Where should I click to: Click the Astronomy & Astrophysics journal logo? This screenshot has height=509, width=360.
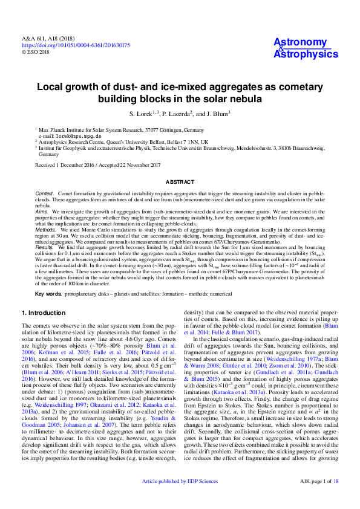coord(306,48)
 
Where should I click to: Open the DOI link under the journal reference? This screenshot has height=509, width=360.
coord(76,45)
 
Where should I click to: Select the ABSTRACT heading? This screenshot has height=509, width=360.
coord(180,182)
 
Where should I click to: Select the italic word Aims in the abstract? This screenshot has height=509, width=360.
coord(41,212)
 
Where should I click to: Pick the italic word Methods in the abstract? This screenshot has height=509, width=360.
coord(45,230)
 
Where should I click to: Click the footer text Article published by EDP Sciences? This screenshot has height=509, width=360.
coord(180,498)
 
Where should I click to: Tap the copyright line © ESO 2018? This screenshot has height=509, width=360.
coord(35,52)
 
